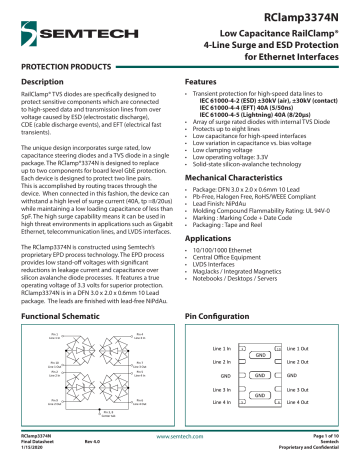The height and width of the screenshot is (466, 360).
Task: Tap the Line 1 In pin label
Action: pyautogui.click(x=225, y=347)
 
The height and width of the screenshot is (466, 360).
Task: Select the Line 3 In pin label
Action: pyautogui.click(x=225, y=388)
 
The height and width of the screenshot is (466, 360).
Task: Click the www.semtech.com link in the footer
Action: pyautogui.click(x=180, y=437)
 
